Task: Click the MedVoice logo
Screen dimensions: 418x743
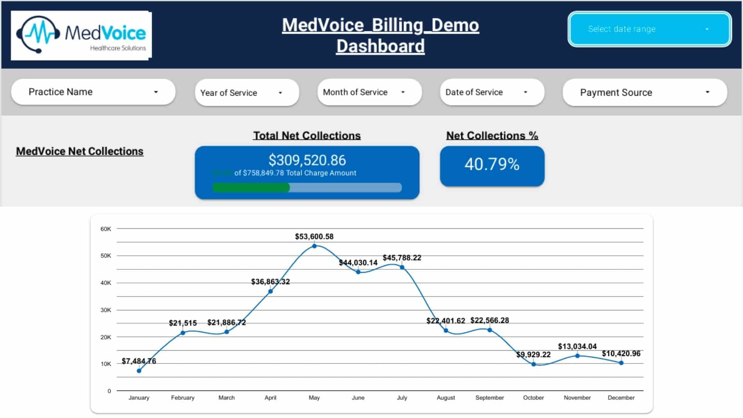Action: (x=81, y=36)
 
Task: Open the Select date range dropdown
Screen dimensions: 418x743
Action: (x=649, y=29)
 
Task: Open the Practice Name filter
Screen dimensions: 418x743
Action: (x=93, y=92)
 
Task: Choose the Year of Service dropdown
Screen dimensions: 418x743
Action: (x=247, y=93)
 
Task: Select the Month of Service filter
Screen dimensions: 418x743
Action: (x=369, y=92)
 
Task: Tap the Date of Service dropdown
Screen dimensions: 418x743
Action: (x=492, y=92)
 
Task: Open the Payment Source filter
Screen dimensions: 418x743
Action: (x=645, y=93)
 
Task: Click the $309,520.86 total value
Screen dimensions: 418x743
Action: (x=307, y=160)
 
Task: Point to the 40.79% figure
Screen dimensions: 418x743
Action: (x=492, y=164)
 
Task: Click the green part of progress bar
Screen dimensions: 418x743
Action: (x=251, y=188)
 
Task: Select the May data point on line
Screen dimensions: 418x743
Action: (x=314, y=246)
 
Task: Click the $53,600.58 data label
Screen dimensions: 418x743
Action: (x=314, y=236)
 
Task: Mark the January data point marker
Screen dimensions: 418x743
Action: (x=139, y=371)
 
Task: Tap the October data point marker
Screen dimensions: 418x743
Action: (x=533, y=364)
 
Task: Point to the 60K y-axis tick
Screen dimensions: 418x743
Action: (x=106, y=229)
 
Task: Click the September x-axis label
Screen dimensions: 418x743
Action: (x=490, y=397)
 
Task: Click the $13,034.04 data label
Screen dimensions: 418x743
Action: (x=577, y=346)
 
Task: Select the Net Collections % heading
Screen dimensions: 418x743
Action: (x=492, y=135)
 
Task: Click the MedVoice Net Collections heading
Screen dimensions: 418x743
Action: (x=79, y=151)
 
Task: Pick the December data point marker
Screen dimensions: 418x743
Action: (x=621, y=363)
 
